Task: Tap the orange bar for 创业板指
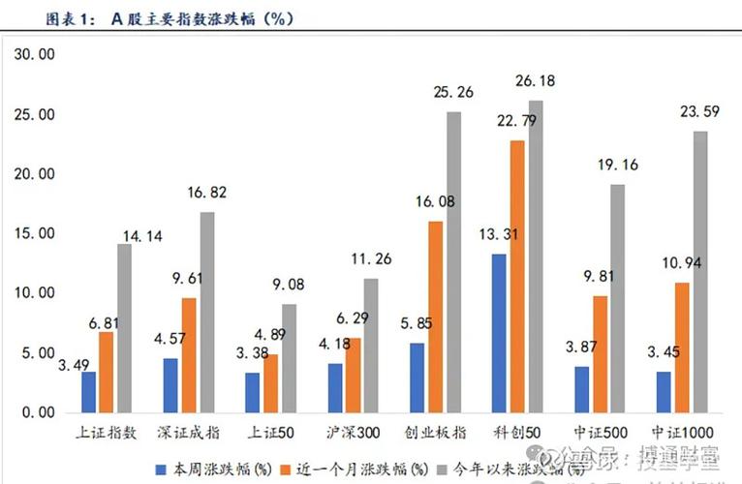435,317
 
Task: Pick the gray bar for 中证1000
700,272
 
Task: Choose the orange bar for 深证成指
188,354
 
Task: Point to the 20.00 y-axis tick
34,174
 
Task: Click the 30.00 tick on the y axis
34,55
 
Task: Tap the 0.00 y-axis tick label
38,412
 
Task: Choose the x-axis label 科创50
513,433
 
